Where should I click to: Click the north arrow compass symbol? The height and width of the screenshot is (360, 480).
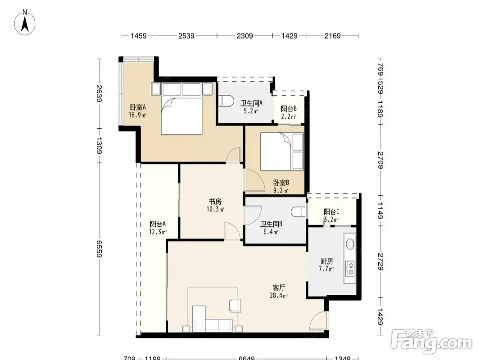pos(25,22)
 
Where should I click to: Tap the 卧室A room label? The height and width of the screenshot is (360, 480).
pos(138,107)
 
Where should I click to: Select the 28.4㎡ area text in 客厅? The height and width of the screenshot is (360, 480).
pos(279,296)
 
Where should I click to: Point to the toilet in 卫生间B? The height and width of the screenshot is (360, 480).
pos(298,211)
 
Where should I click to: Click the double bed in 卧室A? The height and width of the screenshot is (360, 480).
pos(181,108)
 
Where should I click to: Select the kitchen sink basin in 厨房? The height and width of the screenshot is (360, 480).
pos(350,244)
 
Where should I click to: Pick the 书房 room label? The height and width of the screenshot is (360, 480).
pos(215,202)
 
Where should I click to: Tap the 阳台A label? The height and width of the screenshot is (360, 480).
pos(158,224)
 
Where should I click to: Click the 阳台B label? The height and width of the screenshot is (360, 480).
pos(289,108)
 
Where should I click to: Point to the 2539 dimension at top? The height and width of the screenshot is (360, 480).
pos(186,36)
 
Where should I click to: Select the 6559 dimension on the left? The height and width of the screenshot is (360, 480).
pos(99,249)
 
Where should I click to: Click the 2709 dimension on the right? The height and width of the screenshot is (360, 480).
pos(380,160)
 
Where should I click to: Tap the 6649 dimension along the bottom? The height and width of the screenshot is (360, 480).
pos(246,358)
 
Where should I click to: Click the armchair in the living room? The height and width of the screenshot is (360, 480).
pos(235,305)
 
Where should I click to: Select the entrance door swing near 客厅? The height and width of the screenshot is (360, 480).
pos(318,320)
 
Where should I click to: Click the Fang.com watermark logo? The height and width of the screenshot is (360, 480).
pos(432,341)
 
